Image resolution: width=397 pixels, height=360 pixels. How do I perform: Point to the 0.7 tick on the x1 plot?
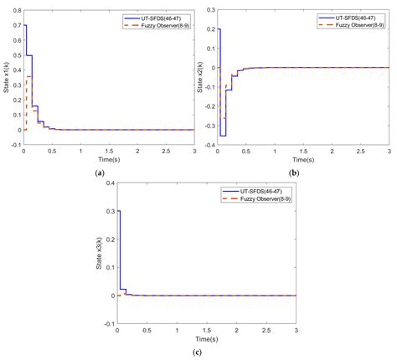(x=16, y=25)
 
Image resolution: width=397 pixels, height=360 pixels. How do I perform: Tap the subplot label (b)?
(x=295, y=172)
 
